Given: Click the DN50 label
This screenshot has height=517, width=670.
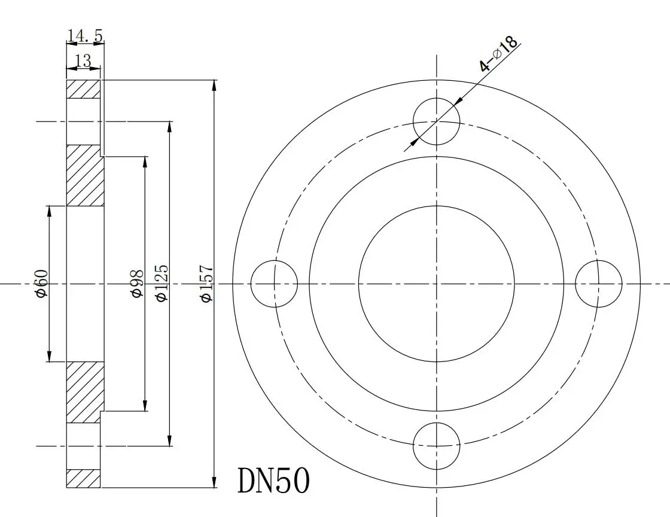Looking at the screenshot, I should pos(274,480).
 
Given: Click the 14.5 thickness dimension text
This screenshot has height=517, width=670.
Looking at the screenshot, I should pos(85,36).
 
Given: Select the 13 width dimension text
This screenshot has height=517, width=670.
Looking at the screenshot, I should pos(83,60).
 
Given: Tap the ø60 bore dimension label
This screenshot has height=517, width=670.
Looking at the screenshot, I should pos(41,284).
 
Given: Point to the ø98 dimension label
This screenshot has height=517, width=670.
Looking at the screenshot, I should pos(136,284).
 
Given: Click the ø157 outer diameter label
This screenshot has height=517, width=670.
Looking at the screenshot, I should pos(206,284).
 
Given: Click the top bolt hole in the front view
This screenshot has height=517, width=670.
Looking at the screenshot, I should pos(437,121).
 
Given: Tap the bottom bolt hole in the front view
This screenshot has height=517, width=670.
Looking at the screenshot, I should pos(437,446).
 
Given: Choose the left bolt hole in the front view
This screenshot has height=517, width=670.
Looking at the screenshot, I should pos(274,284).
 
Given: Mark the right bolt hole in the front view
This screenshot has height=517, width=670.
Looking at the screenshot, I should pos(599,284).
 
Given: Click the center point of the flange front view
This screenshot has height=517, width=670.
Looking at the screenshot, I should pos(437,284).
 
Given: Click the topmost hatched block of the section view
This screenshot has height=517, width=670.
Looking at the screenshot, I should pos(83,89).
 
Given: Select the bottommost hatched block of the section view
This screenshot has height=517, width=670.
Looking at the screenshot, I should pos(83,478).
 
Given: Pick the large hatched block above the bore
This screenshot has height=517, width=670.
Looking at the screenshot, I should pos(84,175).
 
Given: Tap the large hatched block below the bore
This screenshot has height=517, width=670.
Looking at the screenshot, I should pos(84,392).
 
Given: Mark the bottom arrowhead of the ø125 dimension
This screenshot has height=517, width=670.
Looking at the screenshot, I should pos(170,442).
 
